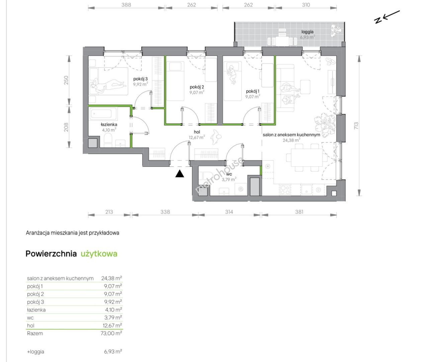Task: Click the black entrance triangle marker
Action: (180, 174)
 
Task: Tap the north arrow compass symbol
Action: (387, 17)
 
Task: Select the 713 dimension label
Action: (356, 126)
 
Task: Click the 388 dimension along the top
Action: (126, 5)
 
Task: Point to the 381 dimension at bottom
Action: (299, 212)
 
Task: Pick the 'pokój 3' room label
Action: (141, 79)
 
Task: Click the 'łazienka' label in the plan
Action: (109, 124)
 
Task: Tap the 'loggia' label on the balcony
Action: (307, 32)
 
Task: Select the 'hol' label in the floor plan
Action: (197, 132)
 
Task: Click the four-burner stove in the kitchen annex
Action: (285, 190)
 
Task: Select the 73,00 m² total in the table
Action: (111, 333)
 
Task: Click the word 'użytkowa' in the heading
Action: (99, 254)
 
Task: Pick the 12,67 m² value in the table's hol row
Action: (112, 325)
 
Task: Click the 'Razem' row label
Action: (35, 333)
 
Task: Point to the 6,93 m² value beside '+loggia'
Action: (113, 352)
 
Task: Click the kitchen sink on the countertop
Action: (306, 190)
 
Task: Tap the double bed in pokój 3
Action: (108, 81)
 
